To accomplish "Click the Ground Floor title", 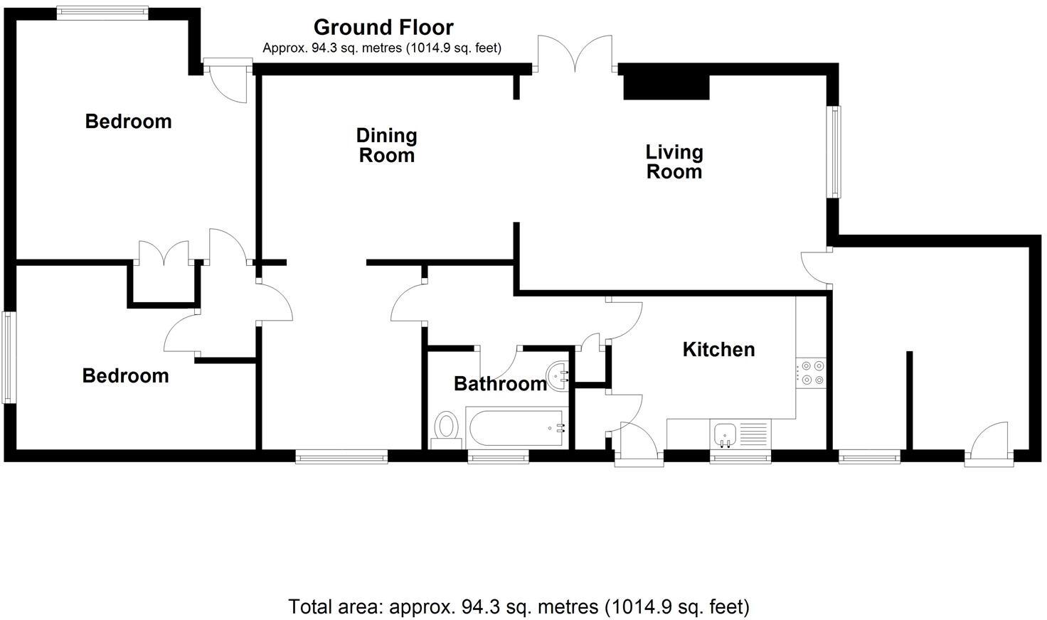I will coord(383,27).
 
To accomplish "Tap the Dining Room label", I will coord(386,145).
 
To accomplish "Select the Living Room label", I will coord(674,161).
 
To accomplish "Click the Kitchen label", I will coord(718,349).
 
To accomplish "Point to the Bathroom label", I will coord(500,384).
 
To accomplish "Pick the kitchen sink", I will coord(726,433).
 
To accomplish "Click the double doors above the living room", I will coord(575,54).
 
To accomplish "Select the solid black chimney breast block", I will coord(666,87).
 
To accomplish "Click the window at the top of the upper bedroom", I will coord(102,12).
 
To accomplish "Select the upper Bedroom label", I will coord(128,122).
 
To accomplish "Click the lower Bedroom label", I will coord(125,375).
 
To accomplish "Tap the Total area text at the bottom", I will coord(519,606).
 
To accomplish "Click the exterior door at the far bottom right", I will coord(989,446).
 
